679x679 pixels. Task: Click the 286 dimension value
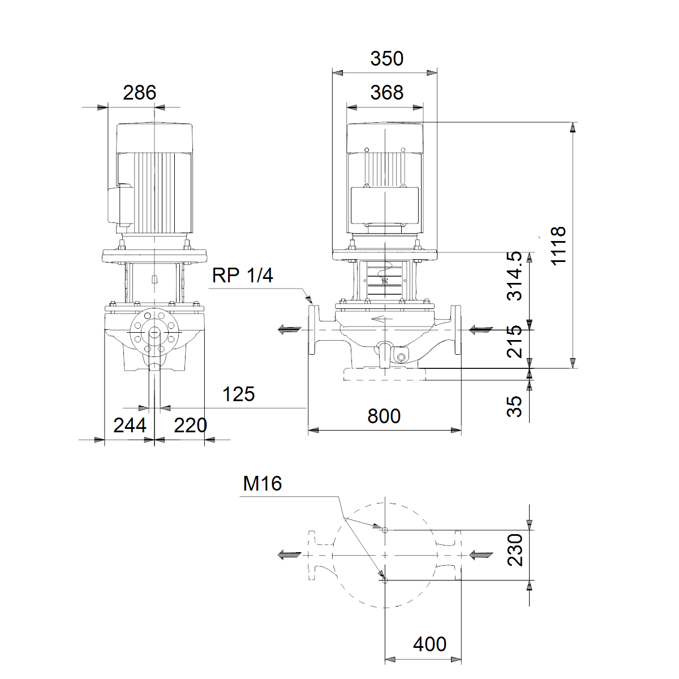pos(140,93)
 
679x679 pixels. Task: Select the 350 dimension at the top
pos(386,58)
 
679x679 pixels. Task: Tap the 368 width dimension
pos(386,93)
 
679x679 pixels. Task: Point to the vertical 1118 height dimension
pos(558,246)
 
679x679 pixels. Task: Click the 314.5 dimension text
pos(514,276)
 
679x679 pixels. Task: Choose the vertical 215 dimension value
pos(514,342)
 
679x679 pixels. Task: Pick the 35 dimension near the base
pos(514,406)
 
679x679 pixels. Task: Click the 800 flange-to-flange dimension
pos(384,416)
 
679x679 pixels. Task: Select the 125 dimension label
pos(239,394)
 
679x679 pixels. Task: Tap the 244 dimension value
pos(130,426)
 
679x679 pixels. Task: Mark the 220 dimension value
pos(190,426)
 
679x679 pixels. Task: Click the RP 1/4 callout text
pos(242,275)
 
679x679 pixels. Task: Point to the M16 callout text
pos(262,483)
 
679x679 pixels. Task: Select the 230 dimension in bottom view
pos(515,550)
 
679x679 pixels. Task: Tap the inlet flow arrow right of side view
pos(481,330)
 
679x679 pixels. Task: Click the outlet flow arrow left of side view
pos(290,330)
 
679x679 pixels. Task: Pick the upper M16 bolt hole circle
pos(385,530)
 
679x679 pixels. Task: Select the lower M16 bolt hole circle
pos(385,581)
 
